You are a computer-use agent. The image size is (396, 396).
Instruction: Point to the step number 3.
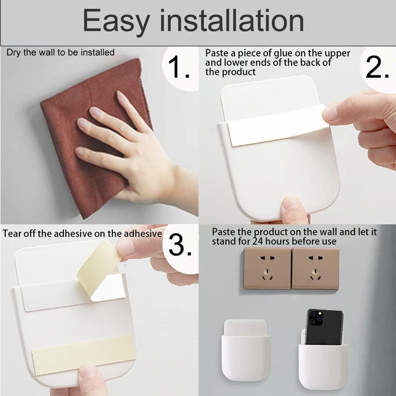[x=180, y=244]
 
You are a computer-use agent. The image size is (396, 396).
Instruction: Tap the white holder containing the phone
[x=319, y=361]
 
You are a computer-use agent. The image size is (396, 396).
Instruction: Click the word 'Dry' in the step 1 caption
[x=12, y=52]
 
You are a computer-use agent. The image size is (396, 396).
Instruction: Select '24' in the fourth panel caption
[x=257, y=242]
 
